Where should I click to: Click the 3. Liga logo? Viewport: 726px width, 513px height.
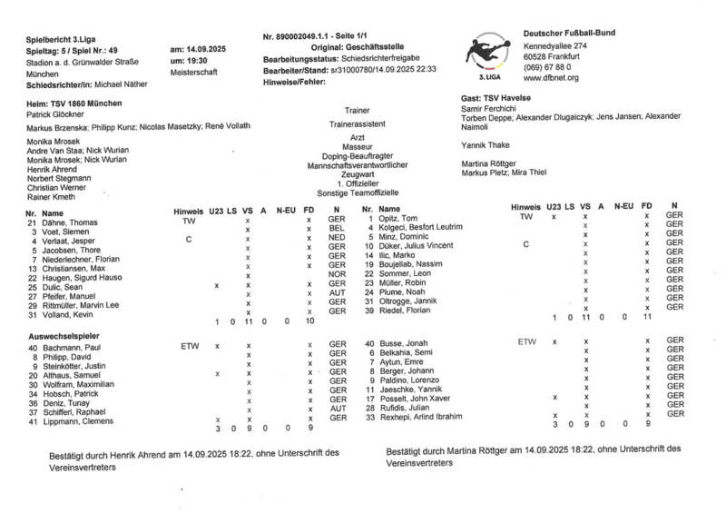489,55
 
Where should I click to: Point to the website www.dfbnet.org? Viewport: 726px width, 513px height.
551,78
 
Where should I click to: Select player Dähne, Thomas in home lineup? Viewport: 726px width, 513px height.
69,222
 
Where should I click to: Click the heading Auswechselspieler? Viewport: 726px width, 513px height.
69,336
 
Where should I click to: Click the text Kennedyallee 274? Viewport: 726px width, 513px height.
555,45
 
